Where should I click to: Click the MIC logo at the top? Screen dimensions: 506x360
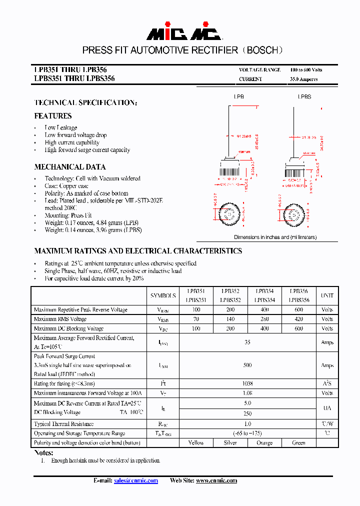click(x=183, y=32)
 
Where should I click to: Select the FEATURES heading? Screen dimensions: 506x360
click(x=53, y=116)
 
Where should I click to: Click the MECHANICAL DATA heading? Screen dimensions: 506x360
click(x=70, y=167)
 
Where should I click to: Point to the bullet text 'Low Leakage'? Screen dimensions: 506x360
click(x=61, y=127)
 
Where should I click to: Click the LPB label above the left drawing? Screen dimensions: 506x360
click(x=239, y=96)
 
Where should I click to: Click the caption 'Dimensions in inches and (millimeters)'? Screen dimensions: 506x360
click(x=275, y=237)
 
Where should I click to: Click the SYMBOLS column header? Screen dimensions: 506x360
click(x=163, y=295)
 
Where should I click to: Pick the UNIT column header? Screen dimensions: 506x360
click(x=327, y=295)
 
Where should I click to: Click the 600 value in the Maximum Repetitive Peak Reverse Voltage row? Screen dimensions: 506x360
click(x=299, y=310)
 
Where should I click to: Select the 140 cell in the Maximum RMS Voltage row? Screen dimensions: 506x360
click(x=230, y=319)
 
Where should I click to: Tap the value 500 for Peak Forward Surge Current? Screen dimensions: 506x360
click(x=247, y=365)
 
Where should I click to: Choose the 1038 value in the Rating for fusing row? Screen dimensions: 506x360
click(x=247, y=384)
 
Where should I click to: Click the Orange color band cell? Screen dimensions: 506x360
click(x=264, y=442)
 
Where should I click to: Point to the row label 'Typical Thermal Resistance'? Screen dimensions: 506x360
click(x=63, y=424)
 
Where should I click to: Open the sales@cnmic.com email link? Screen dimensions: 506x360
click(x=135, y=480)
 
